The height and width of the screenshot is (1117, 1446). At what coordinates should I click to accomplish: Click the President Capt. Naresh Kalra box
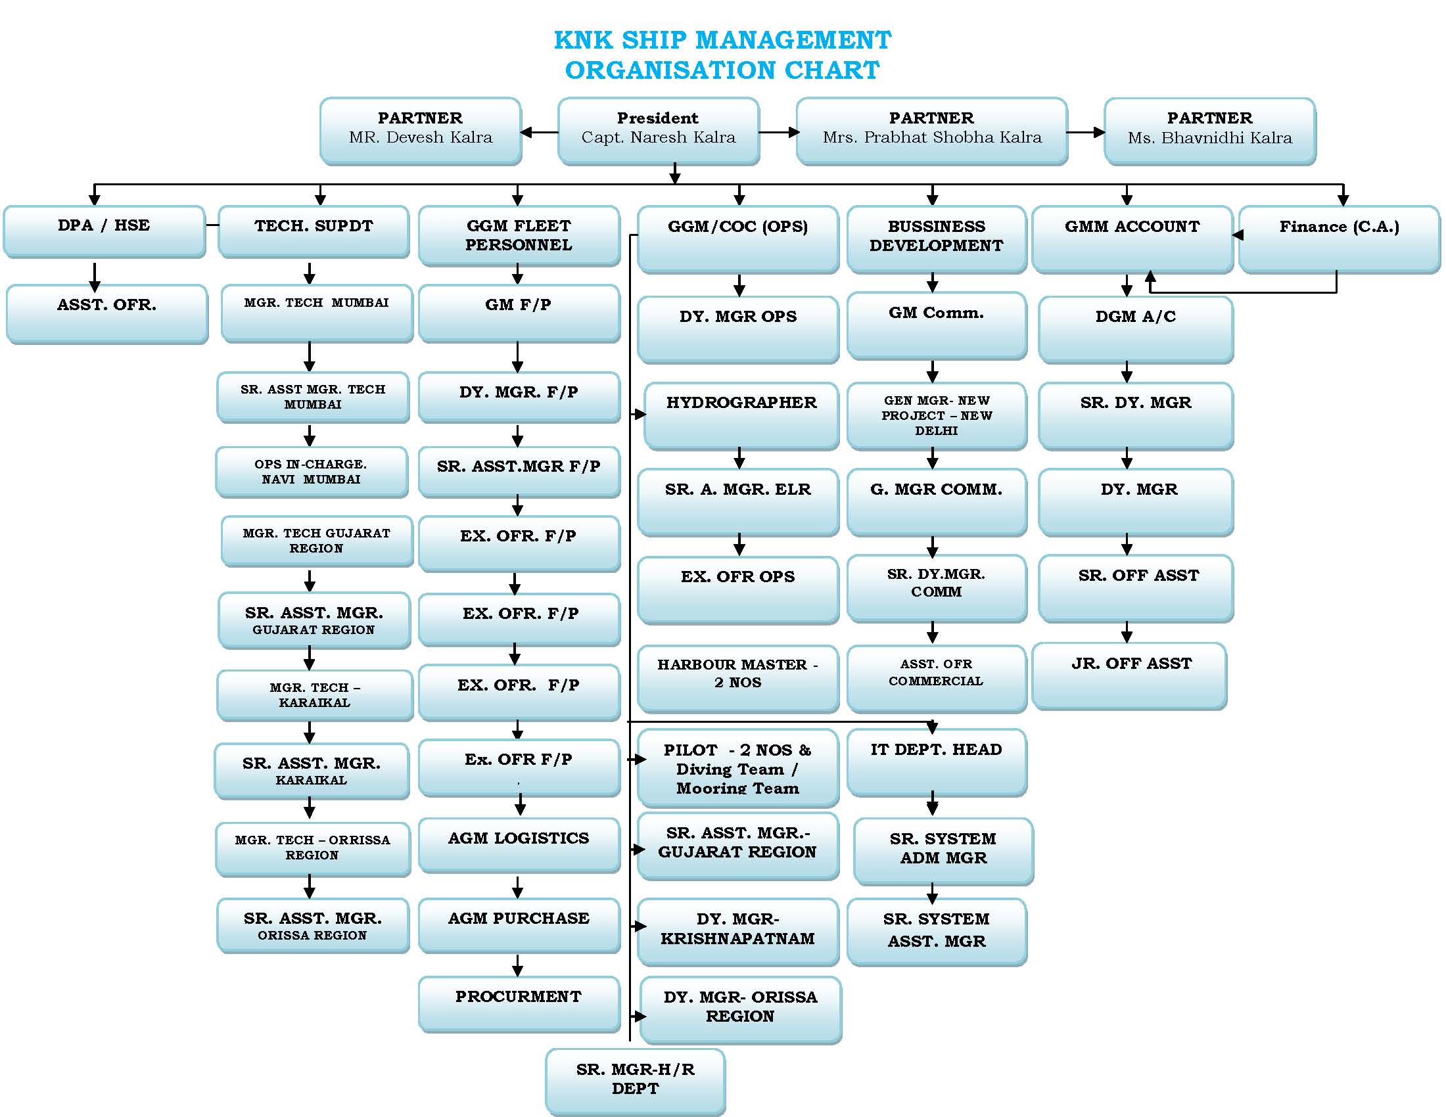(658, 129)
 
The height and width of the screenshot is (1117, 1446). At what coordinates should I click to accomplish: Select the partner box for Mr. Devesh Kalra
(421, 129)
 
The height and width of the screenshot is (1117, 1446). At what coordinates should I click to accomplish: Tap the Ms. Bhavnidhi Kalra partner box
(1209, 129)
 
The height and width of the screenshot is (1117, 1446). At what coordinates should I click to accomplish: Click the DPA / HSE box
(104, 230)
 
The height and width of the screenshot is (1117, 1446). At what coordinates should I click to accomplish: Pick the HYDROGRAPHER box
(741, 414)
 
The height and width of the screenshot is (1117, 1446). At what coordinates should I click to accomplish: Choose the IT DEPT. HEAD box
(936, 761)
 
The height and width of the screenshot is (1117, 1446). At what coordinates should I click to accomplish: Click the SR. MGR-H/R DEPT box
(635, 1080)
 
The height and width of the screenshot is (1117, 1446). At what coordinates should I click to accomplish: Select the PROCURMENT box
(519, 1003)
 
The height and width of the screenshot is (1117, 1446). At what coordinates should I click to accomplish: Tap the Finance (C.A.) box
(1339, 239)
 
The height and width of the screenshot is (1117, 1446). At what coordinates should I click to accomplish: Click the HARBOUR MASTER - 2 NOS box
(737, 677)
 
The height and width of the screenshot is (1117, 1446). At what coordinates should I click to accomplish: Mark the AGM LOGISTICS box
(519, 844)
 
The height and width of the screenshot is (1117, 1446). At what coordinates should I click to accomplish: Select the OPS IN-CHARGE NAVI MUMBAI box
(311, 472)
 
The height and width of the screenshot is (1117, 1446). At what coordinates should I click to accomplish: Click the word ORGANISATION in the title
(670, 70)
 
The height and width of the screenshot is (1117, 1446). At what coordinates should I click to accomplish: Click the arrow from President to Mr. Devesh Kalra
(540, 132)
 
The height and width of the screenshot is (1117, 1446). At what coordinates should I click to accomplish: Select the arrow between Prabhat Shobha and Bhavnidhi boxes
(1086, 132)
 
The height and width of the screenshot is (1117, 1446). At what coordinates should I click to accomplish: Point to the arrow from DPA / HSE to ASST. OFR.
(95, 277)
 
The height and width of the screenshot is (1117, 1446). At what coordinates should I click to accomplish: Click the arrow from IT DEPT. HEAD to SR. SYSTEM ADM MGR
(932, 804)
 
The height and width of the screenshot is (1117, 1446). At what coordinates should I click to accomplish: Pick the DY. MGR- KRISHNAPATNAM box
(737, 930)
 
